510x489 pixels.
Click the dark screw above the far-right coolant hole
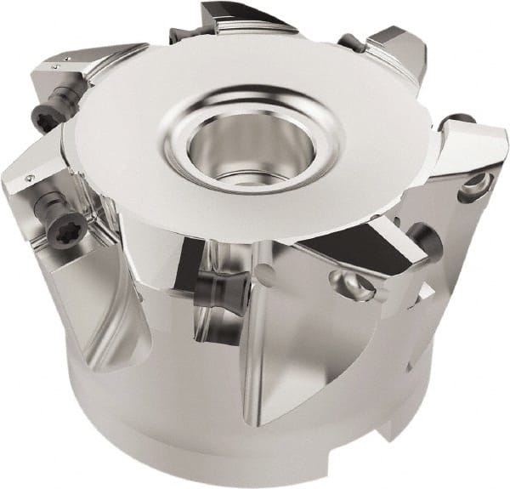click(x=462, y=119)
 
